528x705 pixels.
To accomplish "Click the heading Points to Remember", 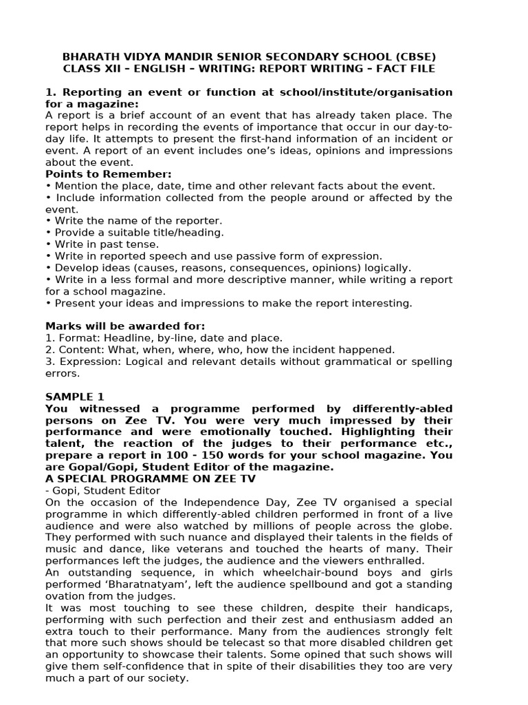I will pos(109,174).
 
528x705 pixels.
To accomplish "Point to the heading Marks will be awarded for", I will pos(125,326).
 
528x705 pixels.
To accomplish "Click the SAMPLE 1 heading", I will pos(75,397).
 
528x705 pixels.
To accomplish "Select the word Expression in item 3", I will pos(88,361).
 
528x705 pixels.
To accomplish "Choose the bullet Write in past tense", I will pos(102,244).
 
